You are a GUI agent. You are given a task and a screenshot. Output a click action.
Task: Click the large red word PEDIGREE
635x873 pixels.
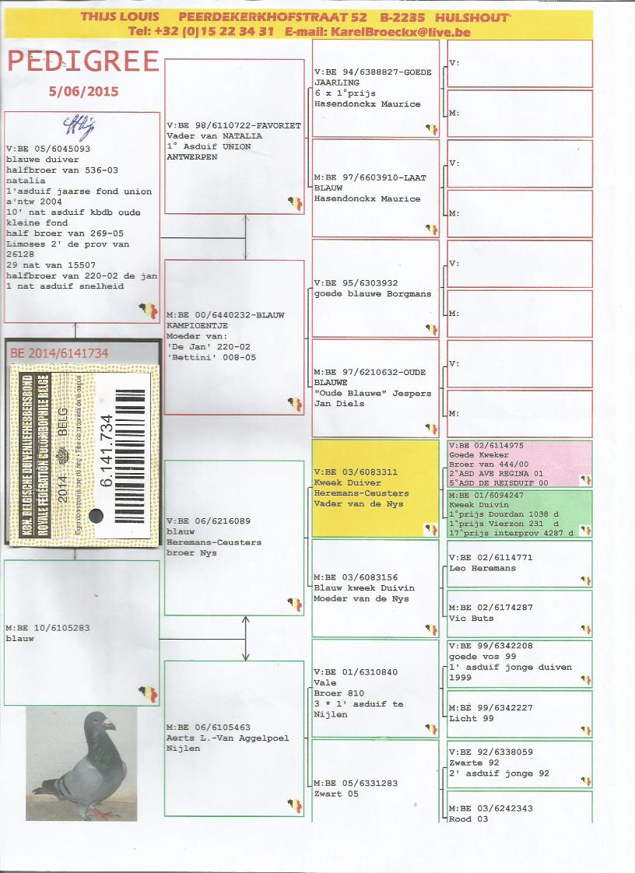[83, 61]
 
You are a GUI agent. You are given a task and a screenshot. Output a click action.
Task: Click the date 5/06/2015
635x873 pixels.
[83, 91]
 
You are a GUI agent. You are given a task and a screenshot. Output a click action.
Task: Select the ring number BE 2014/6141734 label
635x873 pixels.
[59, 353]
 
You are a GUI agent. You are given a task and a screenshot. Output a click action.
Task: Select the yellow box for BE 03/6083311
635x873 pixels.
[375, 488]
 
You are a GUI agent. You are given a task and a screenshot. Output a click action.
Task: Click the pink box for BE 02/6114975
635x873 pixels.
[520, 464]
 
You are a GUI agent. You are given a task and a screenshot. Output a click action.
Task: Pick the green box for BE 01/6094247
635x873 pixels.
[520, 513]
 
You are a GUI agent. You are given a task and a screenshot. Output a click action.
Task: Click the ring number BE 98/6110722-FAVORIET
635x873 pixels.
[233, 125]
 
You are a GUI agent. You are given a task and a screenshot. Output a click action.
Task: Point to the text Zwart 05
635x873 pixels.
[336, 794]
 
